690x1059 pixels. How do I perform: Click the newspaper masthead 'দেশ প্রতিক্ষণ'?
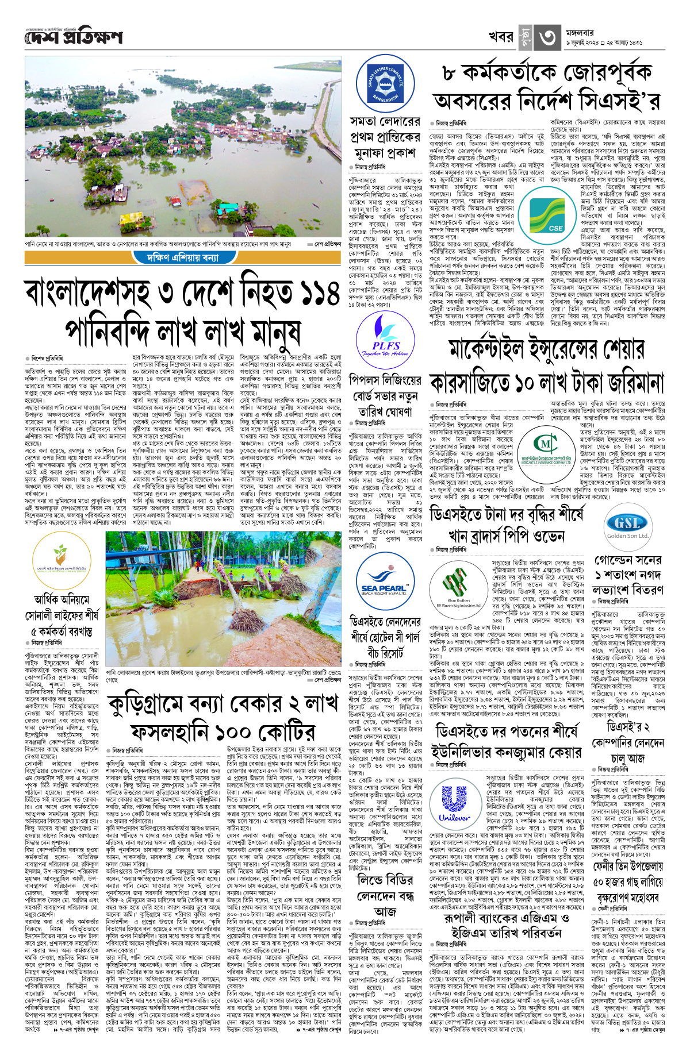click(74, 37)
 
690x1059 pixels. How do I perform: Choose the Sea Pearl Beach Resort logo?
click(384, 589)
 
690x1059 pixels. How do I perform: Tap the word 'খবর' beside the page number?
click(501, 37)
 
